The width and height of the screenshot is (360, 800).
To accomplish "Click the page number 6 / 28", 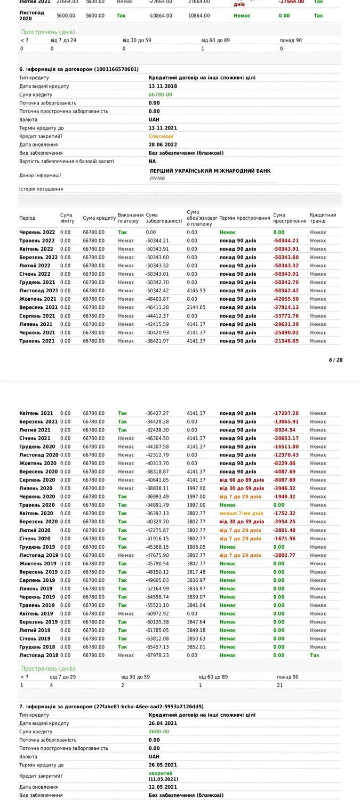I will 335,360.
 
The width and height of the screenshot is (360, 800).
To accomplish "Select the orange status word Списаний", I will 161,136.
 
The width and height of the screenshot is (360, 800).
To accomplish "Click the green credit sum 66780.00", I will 160,94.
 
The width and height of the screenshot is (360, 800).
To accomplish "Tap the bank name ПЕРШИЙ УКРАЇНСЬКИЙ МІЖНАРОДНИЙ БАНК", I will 210,171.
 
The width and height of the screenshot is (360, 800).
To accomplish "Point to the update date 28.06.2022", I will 163,145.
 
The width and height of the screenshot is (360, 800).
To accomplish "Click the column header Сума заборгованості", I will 164,218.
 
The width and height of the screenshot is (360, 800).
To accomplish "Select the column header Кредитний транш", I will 323,218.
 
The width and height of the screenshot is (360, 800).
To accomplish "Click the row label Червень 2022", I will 37,233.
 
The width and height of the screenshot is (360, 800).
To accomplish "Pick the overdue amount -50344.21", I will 286,241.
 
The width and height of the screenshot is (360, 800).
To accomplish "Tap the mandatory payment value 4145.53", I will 196,291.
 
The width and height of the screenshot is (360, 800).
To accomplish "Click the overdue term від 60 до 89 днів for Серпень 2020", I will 242,480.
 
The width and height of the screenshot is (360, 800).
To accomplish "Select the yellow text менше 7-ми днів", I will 241,513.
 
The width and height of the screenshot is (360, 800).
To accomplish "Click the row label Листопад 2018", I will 39,655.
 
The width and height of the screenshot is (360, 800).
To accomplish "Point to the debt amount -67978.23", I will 157,655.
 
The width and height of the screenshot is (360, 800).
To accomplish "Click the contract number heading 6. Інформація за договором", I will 79,69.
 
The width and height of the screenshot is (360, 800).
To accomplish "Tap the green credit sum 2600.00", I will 158,732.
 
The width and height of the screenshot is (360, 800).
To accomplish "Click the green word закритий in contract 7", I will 161,773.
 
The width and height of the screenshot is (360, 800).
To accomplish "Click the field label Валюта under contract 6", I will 29,119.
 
